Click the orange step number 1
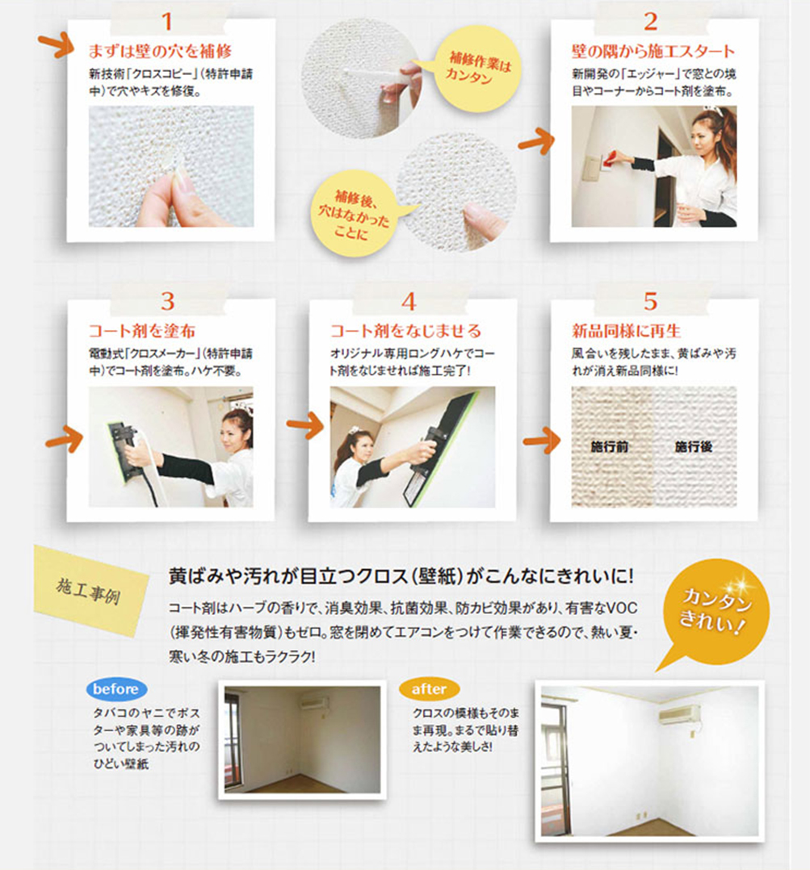coord(166,22)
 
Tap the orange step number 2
coord(651,22)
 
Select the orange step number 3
coord(168,301)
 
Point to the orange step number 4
coord(409,301)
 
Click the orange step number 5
coord(651,301)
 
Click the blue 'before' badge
coord(116,689)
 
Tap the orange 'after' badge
coord(429,689)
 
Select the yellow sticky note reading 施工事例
coord(91,589)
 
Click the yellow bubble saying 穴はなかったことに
coord(354,214)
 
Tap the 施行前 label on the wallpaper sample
coord(609,446)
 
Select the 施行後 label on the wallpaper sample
coord(694,446)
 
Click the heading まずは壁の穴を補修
coord(160,51)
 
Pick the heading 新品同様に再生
coord(626,331)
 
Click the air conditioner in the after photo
coord(679,713)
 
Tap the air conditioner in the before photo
coord(315,704)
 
